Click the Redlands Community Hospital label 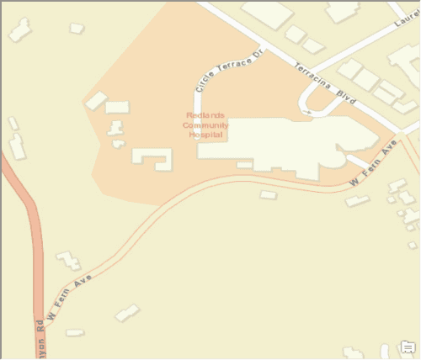(206, 124)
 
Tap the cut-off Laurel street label (406, 31)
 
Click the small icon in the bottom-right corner (408, 347)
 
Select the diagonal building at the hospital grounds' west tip (96, 101)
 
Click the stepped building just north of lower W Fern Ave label (68, 261)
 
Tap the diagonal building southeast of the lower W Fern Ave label (127, 313)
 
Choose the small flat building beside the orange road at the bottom (75, 333)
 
